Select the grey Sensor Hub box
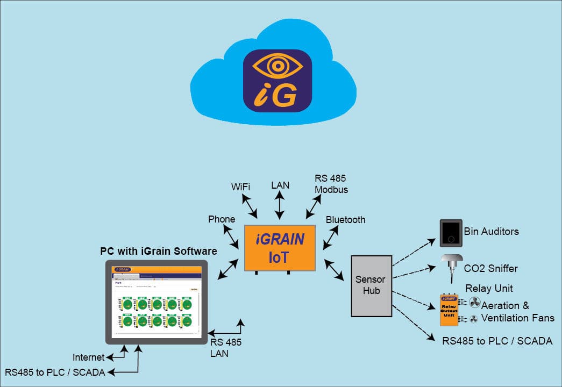371,285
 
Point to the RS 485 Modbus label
331,184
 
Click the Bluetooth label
345,220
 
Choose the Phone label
222,219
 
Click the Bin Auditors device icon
451,232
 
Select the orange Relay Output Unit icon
450,310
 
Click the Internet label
89,357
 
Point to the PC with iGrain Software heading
159,251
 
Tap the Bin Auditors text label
491,232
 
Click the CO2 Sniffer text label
490,268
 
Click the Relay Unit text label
489,288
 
